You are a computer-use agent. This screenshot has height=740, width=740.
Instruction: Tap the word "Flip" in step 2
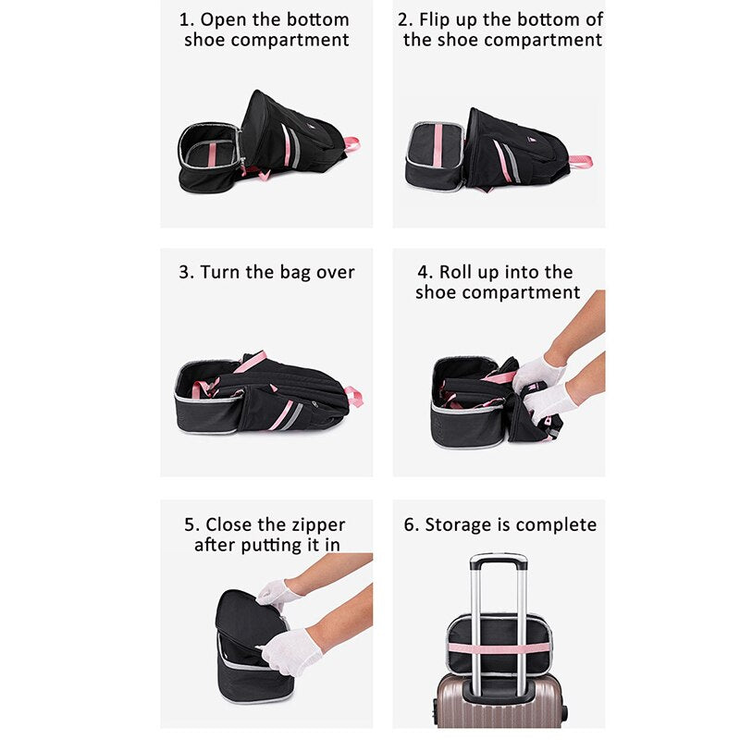(434, 20)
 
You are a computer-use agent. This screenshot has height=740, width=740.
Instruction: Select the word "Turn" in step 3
(219, 272)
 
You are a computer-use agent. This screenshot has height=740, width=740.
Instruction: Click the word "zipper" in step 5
(318, 525)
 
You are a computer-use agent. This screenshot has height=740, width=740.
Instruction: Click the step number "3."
(187, 272)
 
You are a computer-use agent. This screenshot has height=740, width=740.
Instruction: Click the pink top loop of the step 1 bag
(351, 144)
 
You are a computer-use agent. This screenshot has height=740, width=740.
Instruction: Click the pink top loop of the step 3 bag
(354, 396)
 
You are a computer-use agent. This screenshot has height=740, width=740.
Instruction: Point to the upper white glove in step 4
(537, 374)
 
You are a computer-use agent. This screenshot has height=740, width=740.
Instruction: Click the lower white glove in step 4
(549, 402)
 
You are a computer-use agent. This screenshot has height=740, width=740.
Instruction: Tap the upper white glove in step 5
(278, 594)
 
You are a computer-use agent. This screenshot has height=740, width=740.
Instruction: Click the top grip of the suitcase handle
(499, 558)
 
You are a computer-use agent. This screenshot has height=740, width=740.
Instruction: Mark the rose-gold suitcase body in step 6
(499, 702)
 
